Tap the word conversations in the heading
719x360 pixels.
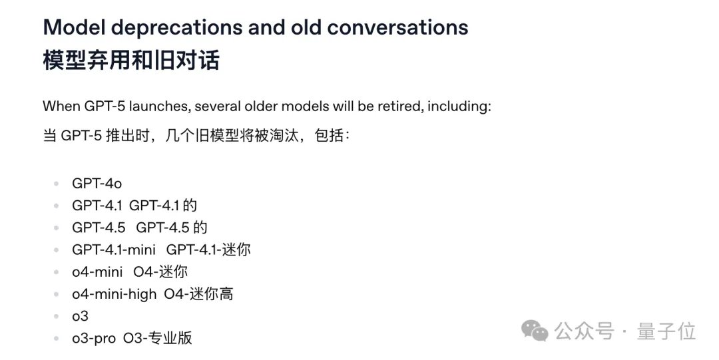397,28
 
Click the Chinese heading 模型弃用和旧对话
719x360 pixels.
130,61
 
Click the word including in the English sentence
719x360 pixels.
459,106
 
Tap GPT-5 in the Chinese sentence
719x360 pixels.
81,136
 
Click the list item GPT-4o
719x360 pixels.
97,184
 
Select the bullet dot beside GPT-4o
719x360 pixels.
57,184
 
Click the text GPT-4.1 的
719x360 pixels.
163,206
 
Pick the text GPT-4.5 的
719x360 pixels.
172,228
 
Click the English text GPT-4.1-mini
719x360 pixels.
114,250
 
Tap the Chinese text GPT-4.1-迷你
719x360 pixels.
208,250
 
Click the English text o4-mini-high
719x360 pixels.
114,293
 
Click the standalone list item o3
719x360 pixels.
80,315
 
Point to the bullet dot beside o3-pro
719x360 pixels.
57,337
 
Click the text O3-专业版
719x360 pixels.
157,337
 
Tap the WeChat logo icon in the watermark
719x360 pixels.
535,330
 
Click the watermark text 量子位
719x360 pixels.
666,331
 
